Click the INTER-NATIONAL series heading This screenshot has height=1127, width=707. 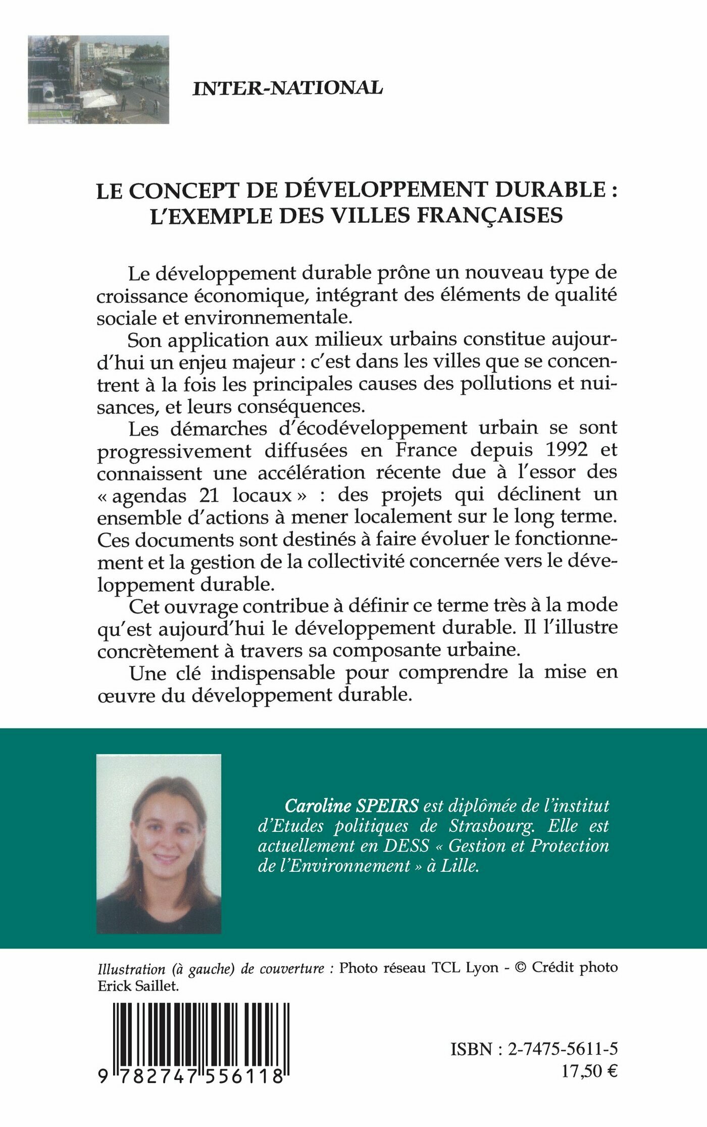[x=288, y=88]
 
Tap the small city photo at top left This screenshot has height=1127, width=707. [x=98, y=79]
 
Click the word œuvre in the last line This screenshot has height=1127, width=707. [x=118, y=695]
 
